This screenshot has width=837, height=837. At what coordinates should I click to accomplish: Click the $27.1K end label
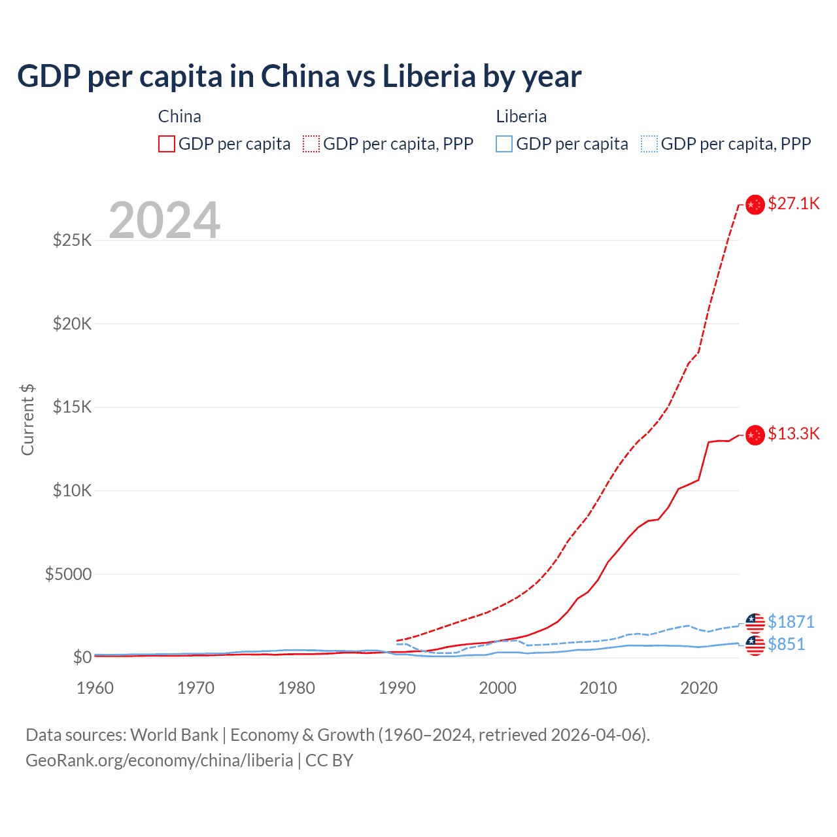coord(793,203)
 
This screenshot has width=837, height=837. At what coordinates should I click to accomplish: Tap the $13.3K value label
coord(793,434)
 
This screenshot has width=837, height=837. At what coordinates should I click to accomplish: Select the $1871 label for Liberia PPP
coord(791,621)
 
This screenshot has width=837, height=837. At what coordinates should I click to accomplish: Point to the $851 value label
coord(786,644)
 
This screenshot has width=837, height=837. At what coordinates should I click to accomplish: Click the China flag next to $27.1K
coord(755,205)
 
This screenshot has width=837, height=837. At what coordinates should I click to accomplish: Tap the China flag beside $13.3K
coord(755,435)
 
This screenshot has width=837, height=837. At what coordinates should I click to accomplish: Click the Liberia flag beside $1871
coord(755,623)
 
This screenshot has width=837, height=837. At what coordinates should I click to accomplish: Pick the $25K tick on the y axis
coord(72,240)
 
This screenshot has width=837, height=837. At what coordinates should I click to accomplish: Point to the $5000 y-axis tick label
coord(68,574)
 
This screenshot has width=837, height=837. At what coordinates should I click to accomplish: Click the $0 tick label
coord(82,657)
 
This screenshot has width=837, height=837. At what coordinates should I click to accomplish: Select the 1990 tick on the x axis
coord(397,688)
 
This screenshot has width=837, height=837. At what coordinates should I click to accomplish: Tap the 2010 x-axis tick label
coord(598,688)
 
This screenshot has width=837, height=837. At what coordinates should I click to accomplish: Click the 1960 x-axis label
coord(95,688)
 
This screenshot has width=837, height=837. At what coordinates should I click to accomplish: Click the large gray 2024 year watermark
coord(164,220)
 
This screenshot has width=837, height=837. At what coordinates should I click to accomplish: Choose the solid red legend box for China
coord(167,144)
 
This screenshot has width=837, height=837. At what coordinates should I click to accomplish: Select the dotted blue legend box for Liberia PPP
coord(649,144)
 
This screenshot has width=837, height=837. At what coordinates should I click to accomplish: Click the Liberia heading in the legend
coord(521,116)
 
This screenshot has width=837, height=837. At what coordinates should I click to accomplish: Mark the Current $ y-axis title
coord(27,420)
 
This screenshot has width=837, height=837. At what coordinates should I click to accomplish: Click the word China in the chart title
coord(300,76)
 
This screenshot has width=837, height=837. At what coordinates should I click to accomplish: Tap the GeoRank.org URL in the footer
coord(159,760)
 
